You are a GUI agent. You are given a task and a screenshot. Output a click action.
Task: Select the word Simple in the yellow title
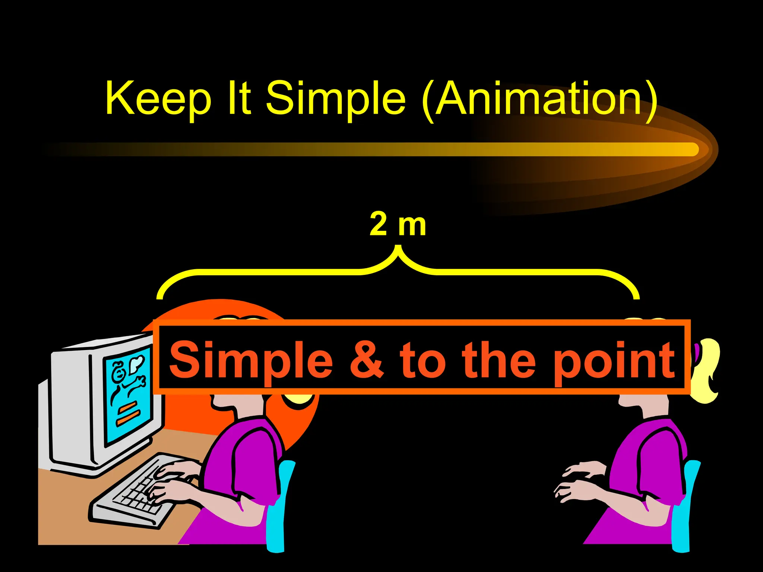tap(335, 99)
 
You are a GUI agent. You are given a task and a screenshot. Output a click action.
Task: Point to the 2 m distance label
tap(398, 225)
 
